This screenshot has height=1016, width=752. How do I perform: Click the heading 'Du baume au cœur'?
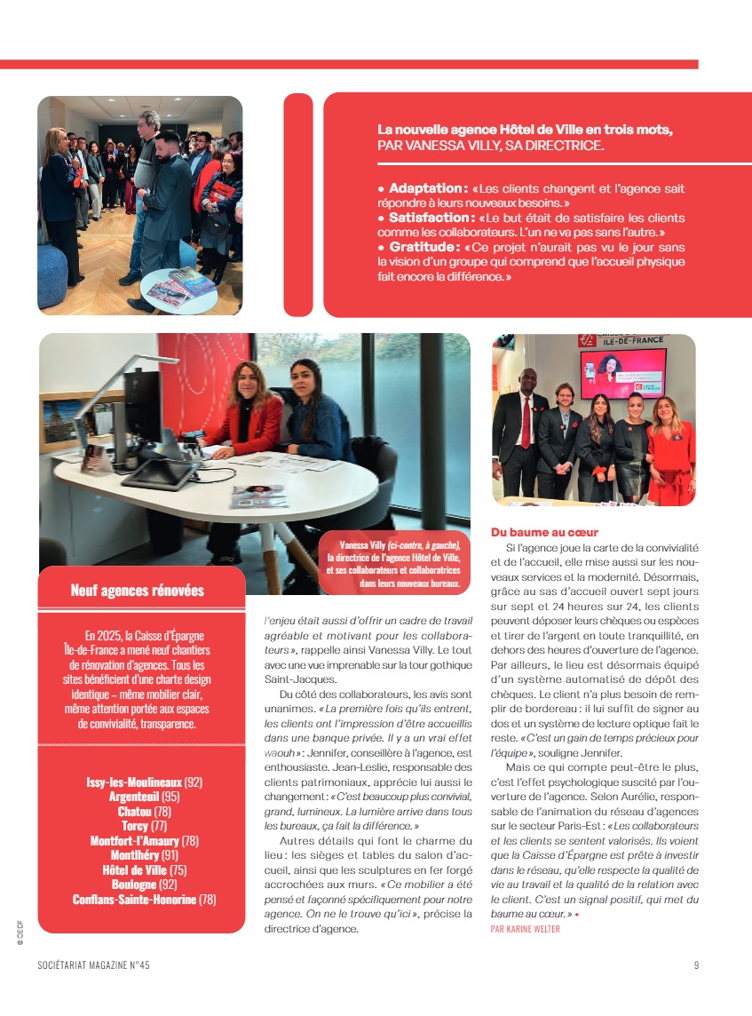point(544,532)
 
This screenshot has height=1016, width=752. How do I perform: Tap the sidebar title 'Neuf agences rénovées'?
point(138,591)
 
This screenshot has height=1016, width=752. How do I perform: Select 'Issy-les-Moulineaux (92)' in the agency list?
point(145,782)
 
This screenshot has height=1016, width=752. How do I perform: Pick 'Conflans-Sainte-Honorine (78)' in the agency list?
point(145,900)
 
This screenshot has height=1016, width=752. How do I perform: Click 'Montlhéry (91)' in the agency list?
point(145,855)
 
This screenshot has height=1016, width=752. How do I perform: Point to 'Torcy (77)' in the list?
point(145,826)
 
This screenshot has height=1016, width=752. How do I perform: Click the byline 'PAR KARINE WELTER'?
point(525,929)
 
